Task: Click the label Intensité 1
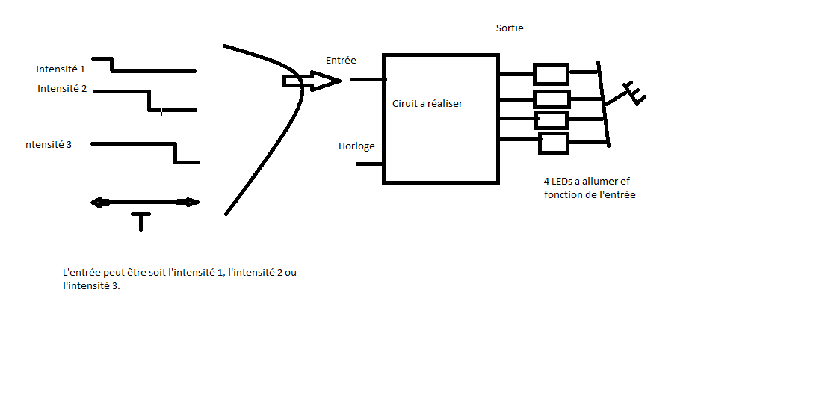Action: (61, 69)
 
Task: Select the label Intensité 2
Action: (62, 89)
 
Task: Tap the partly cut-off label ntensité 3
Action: (49, 144)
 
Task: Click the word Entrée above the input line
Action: (341, 60)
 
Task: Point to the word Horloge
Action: (356, 146)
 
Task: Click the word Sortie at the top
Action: (510, 28)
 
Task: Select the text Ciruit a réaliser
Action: (427, 104)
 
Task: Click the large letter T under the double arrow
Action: (140, 221)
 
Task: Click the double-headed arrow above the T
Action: (144, 202)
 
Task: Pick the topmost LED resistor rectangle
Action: (551, 74)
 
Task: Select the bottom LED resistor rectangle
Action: (553, 143)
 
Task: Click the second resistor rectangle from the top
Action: (551, 99)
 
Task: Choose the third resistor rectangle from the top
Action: (551, 120)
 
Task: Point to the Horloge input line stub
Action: (369, 163)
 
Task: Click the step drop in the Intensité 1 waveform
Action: (112, 65)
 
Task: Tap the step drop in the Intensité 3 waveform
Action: (176, 152)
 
